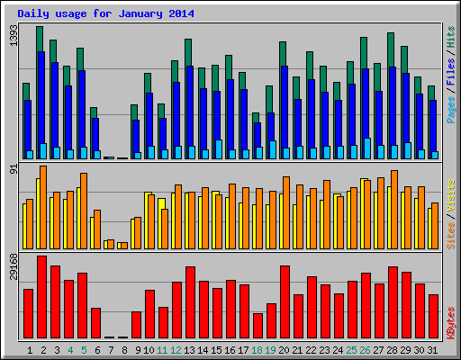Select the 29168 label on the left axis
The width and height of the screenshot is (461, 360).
tap(13, 268)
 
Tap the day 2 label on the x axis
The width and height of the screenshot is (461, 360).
tap(43, 349)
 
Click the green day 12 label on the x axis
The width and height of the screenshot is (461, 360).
tap(176, 349)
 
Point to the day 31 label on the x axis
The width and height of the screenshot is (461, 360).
tap(433, 349)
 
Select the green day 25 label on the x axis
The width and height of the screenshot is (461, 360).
tap(352, 349)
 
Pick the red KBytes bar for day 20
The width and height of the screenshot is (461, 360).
tap(285, 301)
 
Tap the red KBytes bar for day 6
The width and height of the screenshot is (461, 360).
tap(95, 322)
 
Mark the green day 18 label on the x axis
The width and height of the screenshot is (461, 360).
tap(258, 349)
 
